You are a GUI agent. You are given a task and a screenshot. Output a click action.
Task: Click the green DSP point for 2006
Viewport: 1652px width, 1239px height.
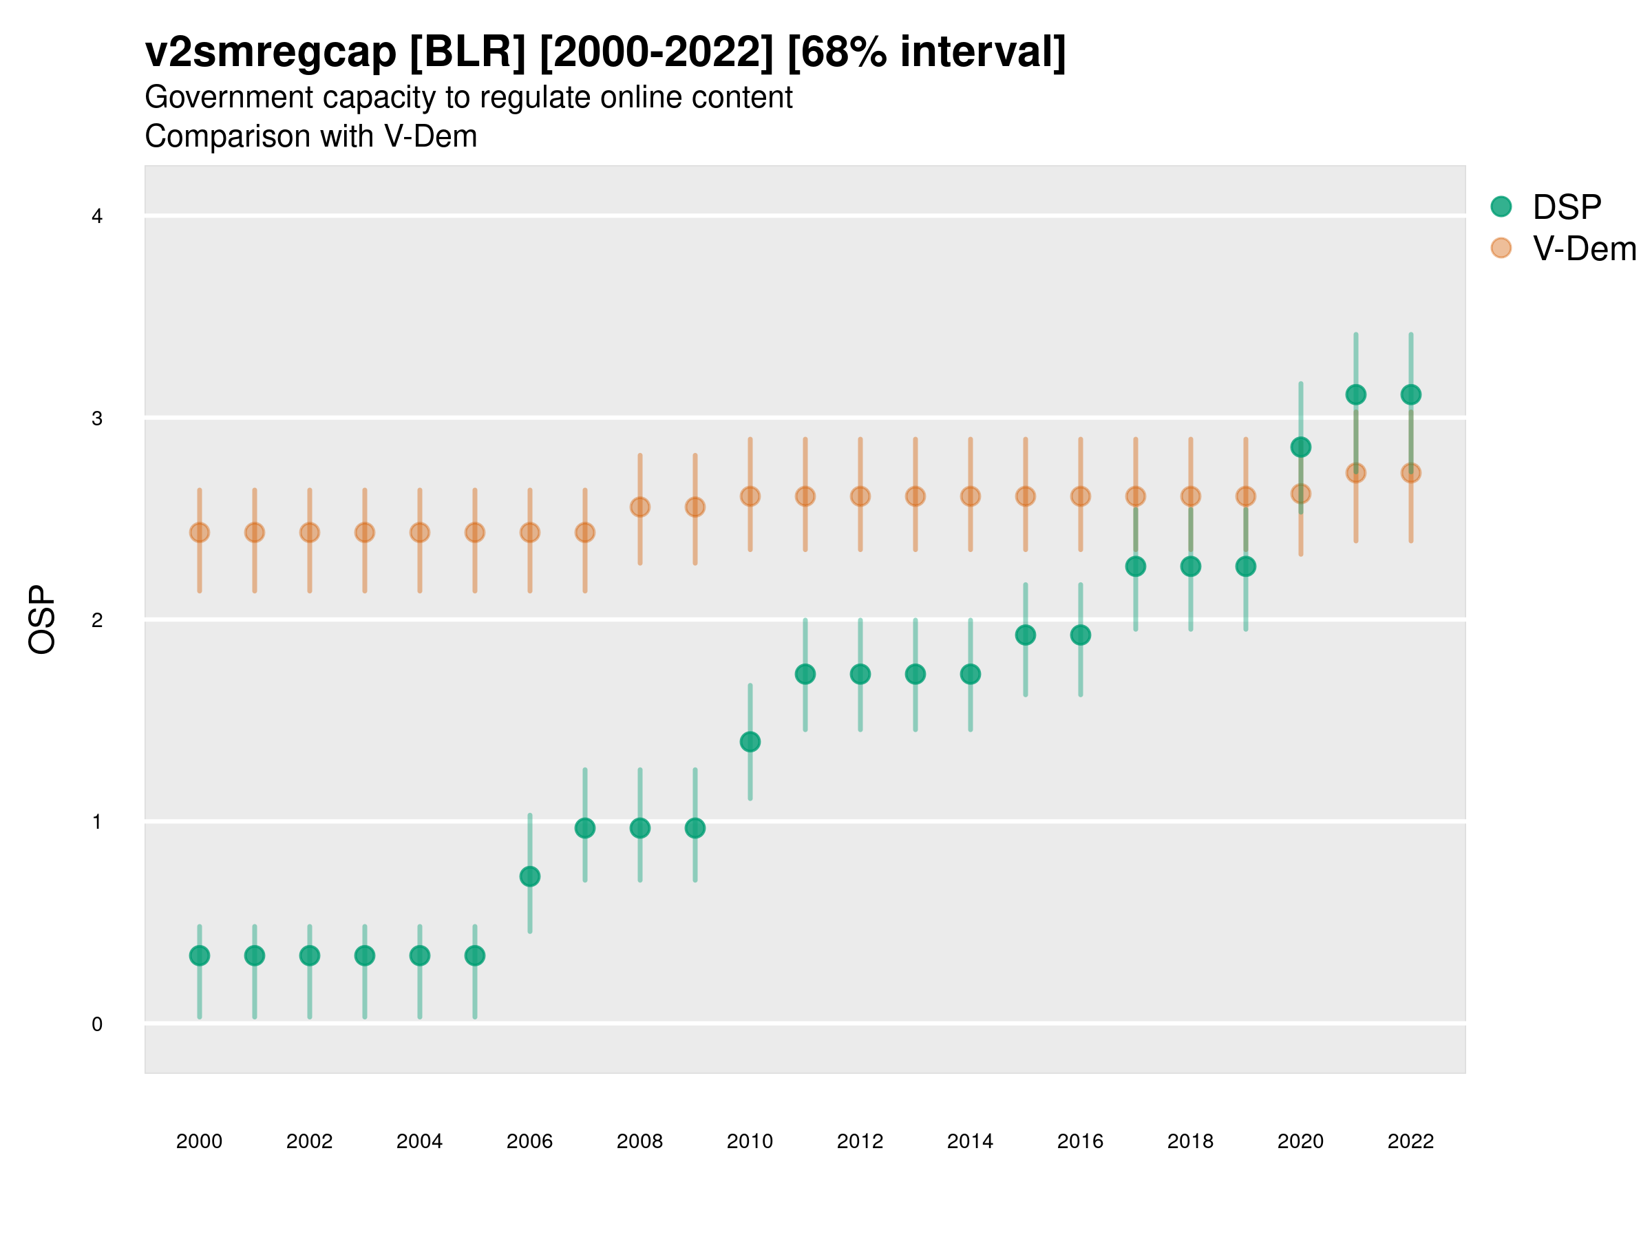(529, 876)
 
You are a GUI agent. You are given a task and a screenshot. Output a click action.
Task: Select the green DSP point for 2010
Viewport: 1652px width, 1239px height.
(750, 741)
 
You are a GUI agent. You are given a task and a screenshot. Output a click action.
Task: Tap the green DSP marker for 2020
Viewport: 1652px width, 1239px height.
(1300, 447)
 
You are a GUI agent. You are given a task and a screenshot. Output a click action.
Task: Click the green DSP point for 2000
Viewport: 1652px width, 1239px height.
(200, 955)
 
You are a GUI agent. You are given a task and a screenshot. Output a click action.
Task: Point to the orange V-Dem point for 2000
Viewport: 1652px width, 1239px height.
(200, 533)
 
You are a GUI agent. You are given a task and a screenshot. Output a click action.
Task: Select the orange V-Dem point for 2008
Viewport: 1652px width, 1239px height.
(640, 507)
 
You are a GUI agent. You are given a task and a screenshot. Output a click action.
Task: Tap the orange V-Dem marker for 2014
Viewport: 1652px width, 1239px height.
(970, 496)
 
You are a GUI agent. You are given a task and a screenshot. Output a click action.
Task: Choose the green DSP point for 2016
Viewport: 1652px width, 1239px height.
(1081, 635)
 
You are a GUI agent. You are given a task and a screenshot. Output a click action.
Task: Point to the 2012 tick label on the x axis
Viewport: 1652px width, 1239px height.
(860, 1141)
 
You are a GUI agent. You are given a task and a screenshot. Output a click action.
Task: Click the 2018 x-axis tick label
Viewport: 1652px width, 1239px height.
(1190, 1141)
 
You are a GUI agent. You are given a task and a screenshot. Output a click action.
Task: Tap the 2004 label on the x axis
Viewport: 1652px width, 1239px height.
(419, 1141)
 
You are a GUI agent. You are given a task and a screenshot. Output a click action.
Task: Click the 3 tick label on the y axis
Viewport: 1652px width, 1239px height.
(97, 419)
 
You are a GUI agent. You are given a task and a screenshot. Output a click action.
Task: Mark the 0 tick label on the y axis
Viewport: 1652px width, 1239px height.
(97, 1024)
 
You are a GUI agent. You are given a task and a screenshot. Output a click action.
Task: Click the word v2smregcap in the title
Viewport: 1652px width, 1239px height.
(271, 52)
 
